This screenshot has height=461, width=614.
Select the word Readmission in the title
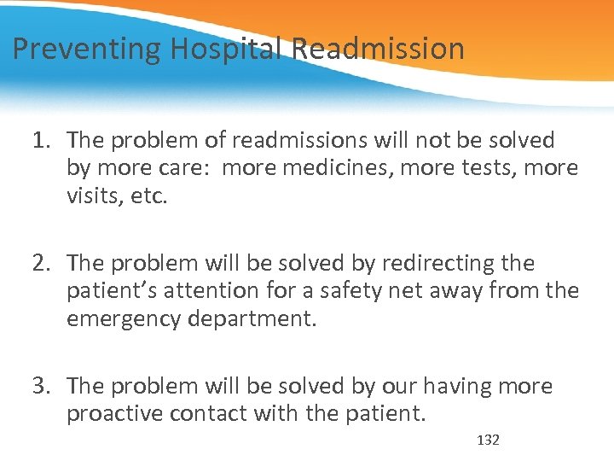coord(379,50)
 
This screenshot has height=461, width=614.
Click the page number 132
coord(488,440)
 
